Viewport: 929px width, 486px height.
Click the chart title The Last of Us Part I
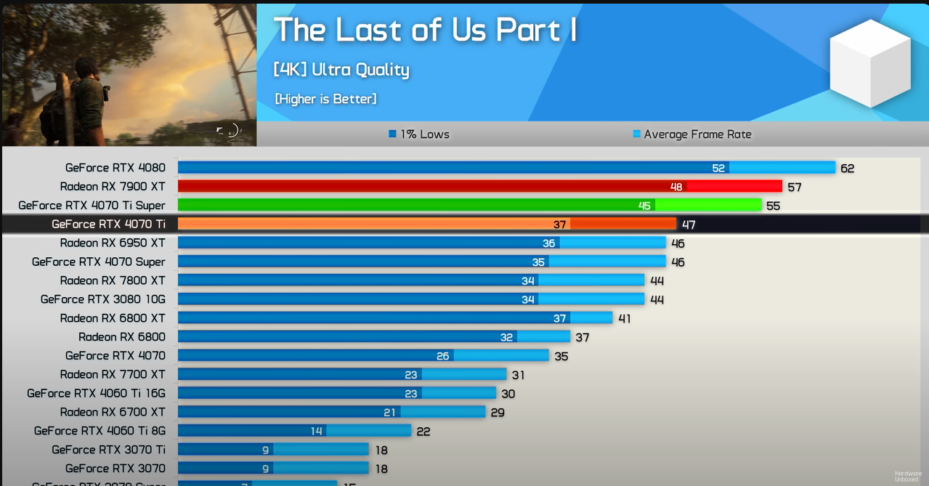coord(425,31)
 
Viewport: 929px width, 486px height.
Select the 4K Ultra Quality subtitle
coord(341,70)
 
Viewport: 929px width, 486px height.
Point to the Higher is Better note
coord(325,99)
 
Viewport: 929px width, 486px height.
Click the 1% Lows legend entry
coord(419,134)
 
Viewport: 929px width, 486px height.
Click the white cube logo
coord(869,63)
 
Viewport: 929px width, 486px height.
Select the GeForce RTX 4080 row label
coord(115,168)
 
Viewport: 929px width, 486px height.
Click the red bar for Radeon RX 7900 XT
coord(479,187)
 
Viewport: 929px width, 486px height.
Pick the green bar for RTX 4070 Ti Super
coord(469,206)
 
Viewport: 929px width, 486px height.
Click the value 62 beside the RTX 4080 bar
coord(847,169)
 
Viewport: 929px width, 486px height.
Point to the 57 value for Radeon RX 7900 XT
coord(795,187)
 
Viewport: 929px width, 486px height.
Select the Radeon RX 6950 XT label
coord(113,243)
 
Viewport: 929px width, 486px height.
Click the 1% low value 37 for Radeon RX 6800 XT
coord(559,318)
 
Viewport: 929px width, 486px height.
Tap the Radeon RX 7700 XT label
coord(113,375)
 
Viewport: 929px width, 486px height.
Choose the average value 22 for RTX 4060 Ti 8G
coord(423,432)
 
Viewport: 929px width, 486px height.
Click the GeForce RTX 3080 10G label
coord(102,299)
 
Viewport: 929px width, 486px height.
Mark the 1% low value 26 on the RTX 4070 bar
coord(443,356)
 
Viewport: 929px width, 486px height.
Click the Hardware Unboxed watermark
coord(908,476)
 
